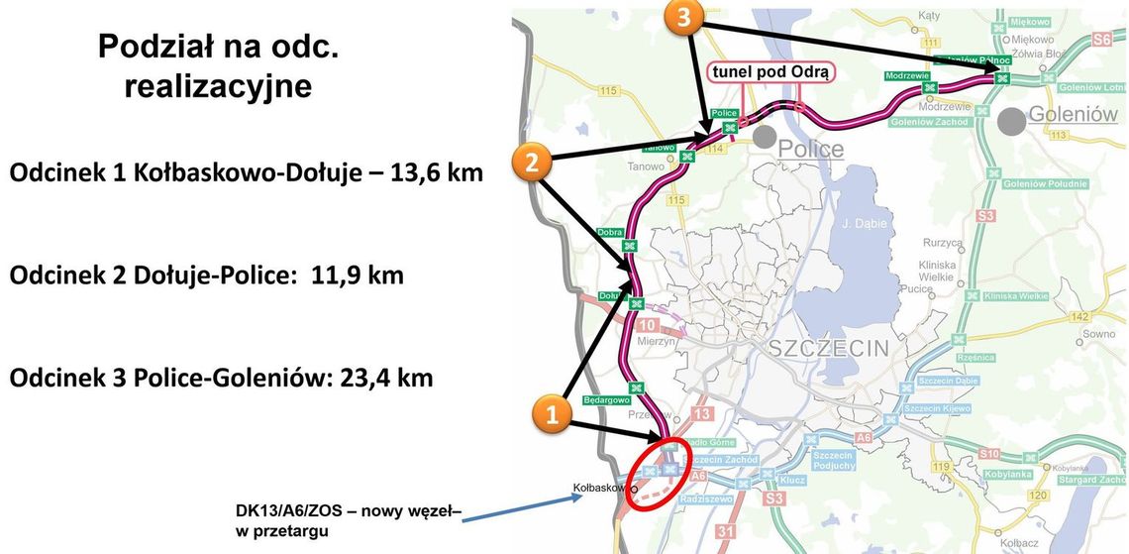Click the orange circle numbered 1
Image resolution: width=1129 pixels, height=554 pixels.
pyautogui.click(x=554, y=413)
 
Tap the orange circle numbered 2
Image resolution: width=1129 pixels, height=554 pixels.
pyautogui.click(x=532, y=163)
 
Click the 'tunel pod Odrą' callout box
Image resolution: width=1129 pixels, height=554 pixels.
pyautogui.click(x=770, y=73)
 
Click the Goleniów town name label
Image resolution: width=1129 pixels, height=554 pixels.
pyautogui.click(x=1073, y=114)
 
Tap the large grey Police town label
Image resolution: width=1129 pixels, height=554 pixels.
pyautogui.click(x=810, y=150)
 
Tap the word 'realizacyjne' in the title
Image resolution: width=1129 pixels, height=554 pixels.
pyautogui.click(x=218, y=87)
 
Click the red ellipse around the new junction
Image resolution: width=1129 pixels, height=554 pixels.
pyautogui.click(x=662, y=472)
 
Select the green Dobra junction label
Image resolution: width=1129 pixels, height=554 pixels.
pyautogui.click(x=610, y=232)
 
